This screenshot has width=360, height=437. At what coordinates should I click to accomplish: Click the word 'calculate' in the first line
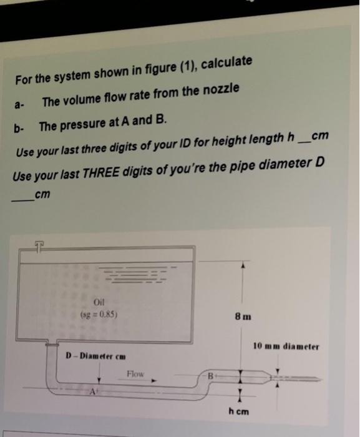[227, 62]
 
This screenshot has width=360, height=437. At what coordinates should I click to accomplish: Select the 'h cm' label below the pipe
[239, 412]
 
